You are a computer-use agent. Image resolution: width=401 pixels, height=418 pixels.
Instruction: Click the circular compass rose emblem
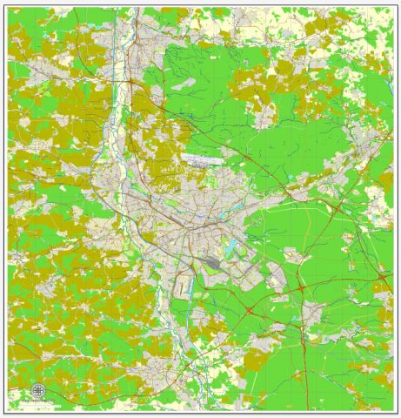37,390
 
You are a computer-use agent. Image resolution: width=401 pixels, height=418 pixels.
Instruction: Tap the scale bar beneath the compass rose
37,401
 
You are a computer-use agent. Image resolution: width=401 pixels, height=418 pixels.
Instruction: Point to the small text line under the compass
37,405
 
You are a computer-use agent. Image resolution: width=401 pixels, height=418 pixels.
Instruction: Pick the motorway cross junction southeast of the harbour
250,308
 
